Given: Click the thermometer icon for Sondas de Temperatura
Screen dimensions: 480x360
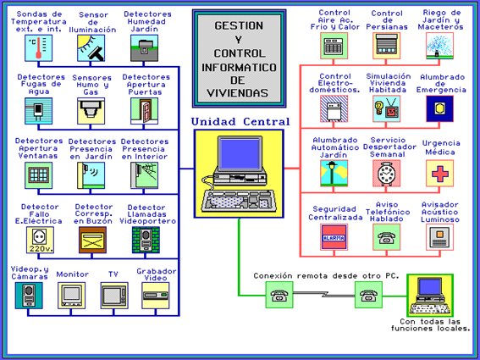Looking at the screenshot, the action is point(38,47).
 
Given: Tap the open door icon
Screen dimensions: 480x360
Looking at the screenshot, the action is point(144,111).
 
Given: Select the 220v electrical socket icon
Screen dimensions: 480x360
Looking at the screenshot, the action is point(40,240).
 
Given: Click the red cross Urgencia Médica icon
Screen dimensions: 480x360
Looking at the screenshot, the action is point(440,174).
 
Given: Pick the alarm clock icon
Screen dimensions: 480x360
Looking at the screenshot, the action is point(386,174).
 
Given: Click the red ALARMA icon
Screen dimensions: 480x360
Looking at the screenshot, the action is point(334,237).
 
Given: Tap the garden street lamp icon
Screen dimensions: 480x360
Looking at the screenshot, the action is point(334,174).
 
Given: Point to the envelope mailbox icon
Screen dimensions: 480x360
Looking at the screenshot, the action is point(92,240).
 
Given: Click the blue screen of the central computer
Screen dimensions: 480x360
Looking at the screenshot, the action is point(240,154).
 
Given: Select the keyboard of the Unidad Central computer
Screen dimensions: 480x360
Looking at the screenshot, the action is point(239,201).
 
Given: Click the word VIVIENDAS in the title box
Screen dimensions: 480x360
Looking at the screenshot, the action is point(238,93).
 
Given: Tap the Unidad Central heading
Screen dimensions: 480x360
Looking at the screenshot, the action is point(240,122).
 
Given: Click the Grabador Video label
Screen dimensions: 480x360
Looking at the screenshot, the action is point(156,274).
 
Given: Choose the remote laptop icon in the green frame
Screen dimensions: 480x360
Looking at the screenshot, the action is point(430,296).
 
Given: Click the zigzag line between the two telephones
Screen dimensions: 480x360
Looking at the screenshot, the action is point(324,295).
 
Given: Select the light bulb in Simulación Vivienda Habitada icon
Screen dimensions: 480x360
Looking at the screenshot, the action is point(379,107).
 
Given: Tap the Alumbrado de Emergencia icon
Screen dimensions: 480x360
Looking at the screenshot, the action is point(440,108).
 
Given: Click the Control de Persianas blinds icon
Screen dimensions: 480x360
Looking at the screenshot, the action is point(386,46).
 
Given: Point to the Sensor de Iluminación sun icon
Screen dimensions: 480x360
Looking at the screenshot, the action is point(91,47).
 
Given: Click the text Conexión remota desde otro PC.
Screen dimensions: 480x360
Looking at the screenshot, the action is point(326,276).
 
